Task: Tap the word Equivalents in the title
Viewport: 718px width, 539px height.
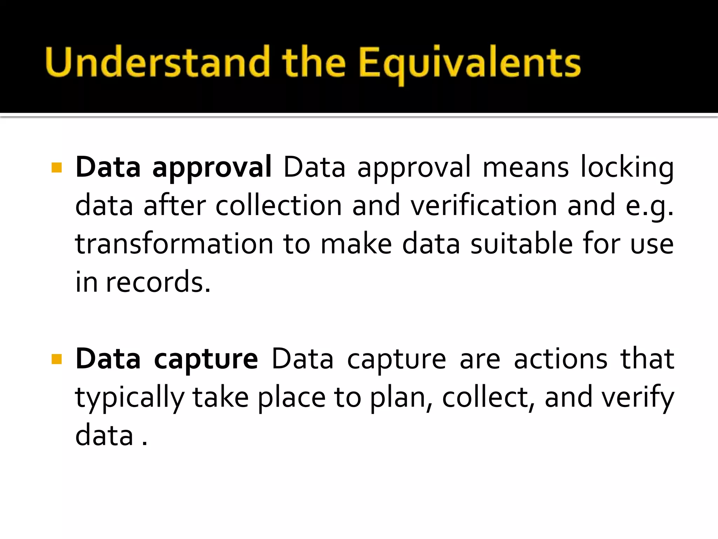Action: tap(470, 63)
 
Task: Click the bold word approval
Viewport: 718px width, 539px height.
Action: tap(212, 168)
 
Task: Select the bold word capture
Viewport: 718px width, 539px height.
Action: tap(206, 359)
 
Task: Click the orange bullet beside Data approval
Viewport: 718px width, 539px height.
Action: tap(56, 168)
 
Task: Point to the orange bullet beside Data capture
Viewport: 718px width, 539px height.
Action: tap(56, 359)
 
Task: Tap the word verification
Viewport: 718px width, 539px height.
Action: tap(484, 206)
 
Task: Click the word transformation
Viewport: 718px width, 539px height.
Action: tap(174, 244)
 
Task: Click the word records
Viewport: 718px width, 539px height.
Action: tap(158, 282)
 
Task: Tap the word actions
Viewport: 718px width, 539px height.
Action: tap(560, 359)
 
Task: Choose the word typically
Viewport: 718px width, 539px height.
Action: tap(130, 398)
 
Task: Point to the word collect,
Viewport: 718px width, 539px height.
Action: tap(488, 398)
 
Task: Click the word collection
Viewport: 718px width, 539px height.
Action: tap(278, 206)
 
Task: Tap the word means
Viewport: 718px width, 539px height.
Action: tap(526, 168)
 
